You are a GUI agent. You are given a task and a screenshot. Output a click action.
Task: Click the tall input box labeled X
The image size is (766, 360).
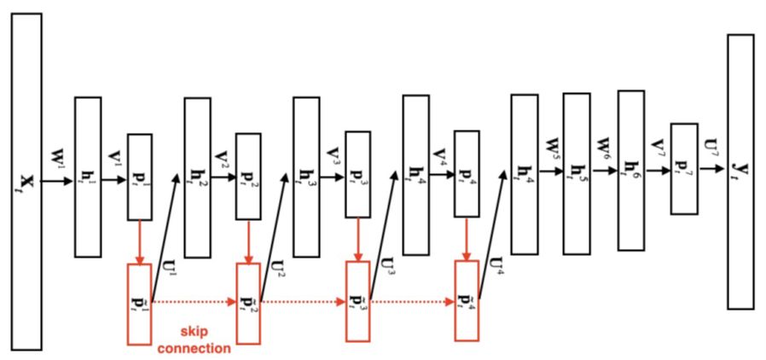tap(26, 181)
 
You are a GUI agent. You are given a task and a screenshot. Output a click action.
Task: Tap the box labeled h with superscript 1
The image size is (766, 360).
tap(88, 177)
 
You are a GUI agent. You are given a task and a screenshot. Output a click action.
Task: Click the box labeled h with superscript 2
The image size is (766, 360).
tap(197, 177)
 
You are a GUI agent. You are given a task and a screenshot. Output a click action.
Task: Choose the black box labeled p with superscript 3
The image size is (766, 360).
tap(357, 173)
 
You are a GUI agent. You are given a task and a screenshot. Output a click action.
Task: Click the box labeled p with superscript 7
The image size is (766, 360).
tap(684, 168)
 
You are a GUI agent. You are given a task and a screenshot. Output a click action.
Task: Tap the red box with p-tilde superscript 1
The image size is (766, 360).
tap(140, 304)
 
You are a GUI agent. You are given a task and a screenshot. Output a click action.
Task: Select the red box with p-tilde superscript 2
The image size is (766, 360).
tap(248, 304)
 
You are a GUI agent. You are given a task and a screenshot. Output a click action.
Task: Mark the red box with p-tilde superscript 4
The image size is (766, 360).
tap(467, 303)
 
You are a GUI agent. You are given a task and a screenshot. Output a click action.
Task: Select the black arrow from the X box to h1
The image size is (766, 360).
tap(58, 182)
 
